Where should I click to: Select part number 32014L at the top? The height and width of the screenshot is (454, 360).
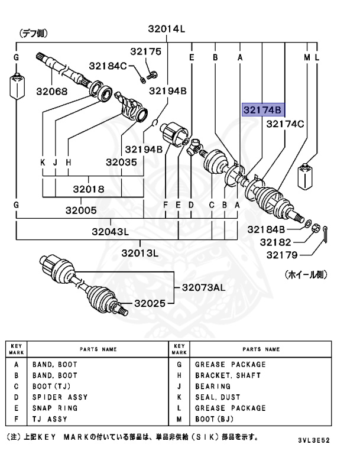[167, 28]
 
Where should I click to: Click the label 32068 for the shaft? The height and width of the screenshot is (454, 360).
[51, 92]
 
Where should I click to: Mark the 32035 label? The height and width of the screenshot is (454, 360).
[122, 161]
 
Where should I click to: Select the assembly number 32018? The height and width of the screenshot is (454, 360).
[89, 189]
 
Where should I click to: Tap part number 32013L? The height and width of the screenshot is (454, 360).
[140, 253]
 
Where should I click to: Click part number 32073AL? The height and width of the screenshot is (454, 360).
[203, 287]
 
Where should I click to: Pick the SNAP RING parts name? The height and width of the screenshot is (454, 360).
[55, 408]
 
